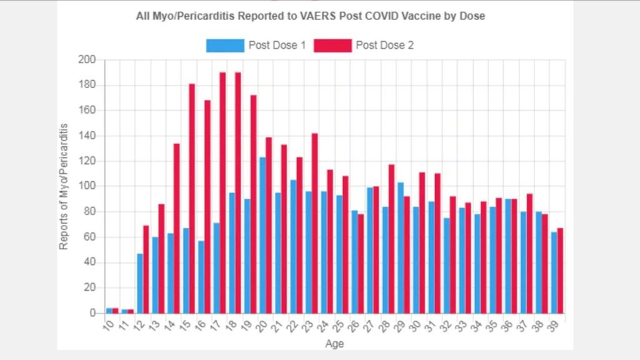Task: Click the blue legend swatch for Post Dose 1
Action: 225,45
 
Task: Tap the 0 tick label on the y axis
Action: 92,312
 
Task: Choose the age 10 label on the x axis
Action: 109,325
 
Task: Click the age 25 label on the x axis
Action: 339,325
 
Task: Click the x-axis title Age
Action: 334,343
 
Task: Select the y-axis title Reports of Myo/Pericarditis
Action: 64,186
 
